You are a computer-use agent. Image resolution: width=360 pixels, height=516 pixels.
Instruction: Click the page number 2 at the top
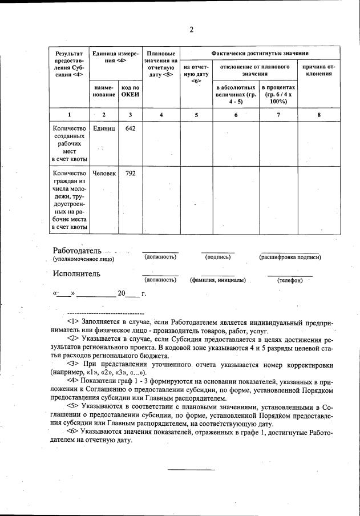192,30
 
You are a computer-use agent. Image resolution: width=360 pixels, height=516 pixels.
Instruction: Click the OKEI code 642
130,129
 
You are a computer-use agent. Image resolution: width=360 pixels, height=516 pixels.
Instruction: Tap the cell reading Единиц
104,129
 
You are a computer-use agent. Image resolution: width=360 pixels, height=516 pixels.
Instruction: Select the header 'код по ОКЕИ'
130,90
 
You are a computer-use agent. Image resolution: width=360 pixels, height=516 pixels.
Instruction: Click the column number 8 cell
319,115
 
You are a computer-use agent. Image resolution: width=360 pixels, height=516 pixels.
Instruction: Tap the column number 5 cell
196,115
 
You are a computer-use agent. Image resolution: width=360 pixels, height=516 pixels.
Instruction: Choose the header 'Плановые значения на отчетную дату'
161,63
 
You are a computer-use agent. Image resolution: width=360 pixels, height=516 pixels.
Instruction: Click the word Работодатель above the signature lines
77,251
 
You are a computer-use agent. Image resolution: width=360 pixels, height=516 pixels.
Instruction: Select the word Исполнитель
76,273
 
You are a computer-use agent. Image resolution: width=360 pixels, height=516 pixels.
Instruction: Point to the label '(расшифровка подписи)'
290,257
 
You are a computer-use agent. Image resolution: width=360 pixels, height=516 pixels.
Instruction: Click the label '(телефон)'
290,280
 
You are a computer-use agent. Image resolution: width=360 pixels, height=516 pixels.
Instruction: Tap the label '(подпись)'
217,257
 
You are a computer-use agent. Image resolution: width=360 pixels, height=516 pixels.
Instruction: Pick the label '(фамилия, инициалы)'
217,280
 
